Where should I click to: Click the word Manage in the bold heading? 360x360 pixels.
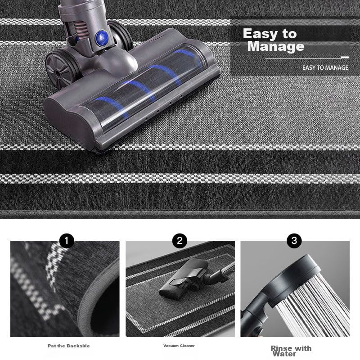point(276,46)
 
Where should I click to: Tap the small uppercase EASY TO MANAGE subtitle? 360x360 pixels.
point(325,68)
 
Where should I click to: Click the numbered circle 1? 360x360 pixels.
point(67,241)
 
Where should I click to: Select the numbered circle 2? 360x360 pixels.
point(180,241)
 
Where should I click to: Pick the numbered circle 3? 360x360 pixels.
point(294,241)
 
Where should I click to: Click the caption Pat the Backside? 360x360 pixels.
point(69,346)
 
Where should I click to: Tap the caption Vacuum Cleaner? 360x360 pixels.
point(179,346)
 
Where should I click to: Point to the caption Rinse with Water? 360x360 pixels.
point(291,351)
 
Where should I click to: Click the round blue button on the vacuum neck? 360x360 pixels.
point(102,37)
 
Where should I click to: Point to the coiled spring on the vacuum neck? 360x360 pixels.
point(81,29)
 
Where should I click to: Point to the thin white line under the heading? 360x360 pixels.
point(307,58)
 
